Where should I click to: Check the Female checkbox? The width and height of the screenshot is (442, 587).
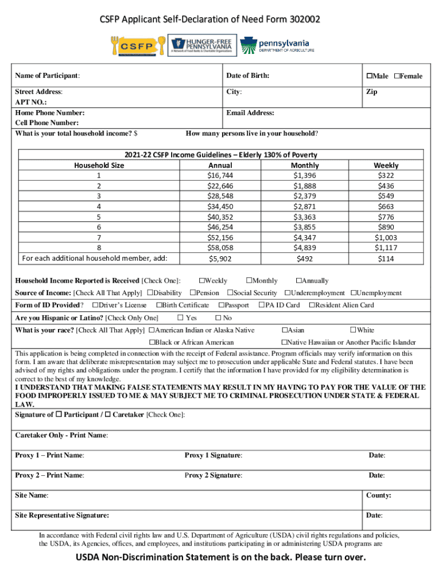[x=397, y=76]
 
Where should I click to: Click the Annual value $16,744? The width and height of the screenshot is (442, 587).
[x=220, y=175]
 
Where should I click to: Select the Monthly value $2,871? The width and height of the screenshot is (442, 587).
[x=305, y=206]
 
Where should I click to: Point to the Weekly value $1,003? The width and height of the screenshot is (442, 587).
[x=386, y=237]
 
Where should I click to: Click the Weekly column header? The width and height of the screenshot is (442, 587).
[x=386, y=165]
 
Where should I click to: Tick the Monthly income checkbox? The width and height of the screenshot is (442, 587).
[x=249, y=281]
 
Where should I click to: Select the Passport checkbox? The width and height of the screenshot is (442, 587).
[x=223, y=305]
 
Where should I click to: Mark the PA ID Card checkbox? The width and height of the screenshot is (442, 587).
[x=262, y=305]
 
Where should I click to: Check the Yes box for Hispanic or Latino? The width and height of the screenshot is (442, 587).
[x=180, y=318]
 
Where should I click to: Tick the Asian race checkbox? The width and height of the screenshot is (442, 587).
[x=284, y=330]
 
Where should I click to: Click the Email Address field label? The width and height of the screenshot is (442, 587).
[x=250, y=113]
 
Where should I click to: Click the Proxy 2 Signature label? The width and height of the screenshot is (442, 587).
[x=213, y=475]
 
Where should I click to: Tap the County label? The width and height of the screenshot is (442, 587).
[x=378, y=495]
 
